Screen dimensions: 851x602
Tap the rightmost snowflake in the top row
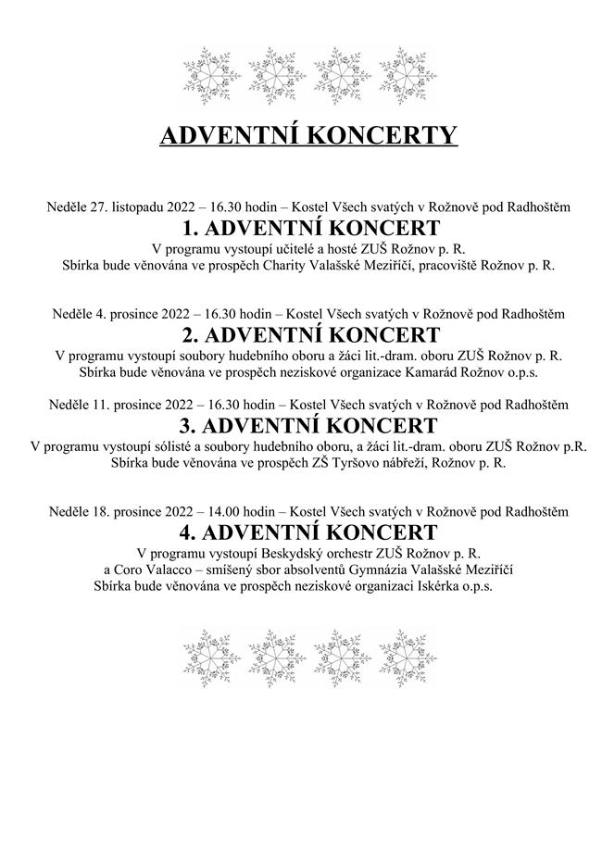(408, 74)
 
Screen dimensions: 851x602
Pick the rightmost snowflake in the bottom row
(408, 657)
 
